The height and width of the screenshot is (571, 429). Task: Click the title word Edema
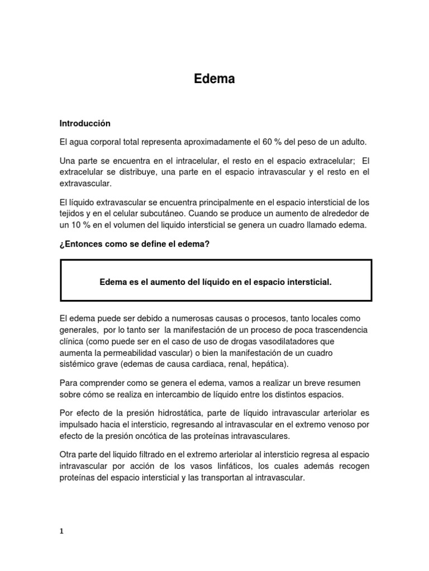coord(214,79)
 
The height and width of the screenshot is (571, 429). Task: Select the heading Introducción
coord(85,123)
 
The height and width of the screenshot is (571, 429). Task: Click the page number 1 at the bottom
coord(62,531)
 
